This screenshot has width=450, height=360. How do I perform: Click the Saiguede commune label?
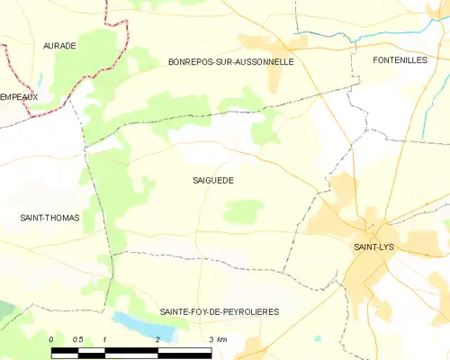(x=212, y=180)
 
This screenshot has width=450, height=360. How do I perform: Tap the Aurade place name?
(x=59, y=45)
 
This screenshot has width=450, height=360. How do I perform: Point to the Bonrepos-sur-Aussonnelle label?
(x=231, y=62)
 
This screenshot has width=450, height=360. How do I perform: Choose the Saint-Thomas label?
(x=49, y=218)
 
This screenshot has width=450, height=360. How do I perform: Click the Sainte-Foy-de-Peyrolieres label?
(x=219, y=311)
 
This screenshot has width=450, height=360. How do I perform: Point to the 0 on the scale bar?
(x=52, y=338)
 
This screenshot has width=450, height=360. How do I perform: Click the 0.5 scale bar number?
(x=78, y=338)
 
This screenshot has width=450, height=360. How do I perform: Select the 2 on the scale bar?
(x=158, y=338)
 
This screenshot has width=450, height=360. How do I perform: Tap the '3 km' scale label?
(x=217, y=338)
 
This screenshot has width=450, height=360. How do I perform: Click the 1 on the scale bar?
(x=105, y=338)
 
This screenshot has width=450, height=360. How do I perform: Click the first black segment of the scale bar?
(x=65, y=350)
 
